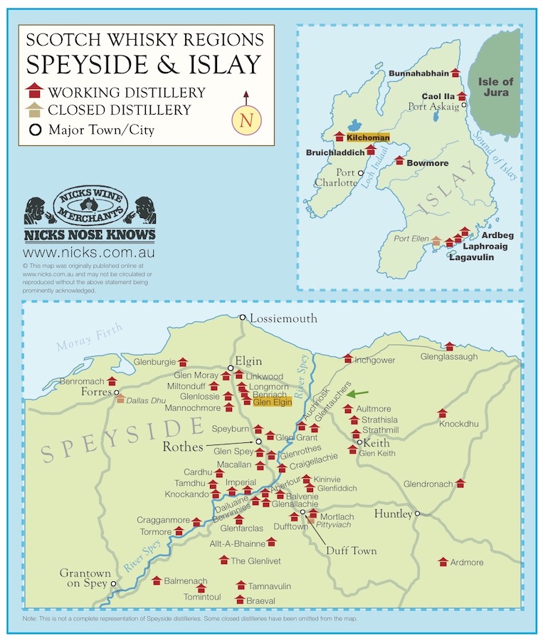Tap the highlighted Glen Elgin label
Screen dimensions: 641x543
[x=272, y=402]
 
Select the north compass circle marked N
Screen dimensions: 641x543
[x=246, y=120]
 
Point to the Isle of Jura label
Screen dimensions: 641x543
[x=495, y=87]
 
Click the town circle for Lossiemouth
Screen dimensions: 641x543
[x=243, y=318]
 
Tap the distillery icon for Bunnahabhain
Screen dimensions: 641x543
[x=455, y=73]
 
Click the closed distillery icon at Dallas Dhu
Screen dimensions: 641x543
[x=120, y=398]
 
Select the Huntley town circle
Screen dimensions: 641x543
[x=418, y=514]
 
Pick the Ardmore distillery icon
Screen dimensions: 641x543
[x=443, y=561]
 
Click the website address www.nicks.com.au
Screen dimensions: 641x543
[x=90, y=252]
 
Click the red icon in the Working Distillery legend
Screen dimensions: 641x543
[x=34, y=92]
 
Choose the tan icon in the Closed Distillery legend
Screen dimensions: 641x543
[x=34, y=110]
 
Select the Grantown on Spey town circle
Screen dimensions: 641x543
[x=112, y=583]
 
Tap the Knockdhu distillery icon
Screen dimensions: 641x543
[x=442, y=413]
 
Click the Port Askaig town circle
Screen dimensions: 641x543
[x=464, y=105]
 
